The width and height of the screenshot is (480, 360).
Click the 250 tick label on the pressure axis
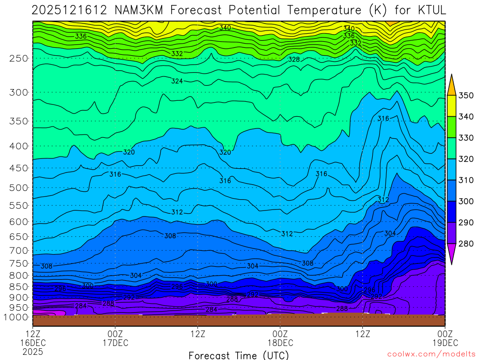(19, 59)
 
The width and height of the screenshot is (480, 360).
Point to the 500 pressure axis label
(19, 188)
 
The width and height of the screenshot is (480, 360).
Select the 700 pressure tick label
(19, 250)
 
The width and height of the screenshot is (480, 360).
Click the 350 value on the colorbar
(466, 96)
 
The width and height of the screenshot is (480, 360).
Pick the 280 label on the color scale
(466, 243)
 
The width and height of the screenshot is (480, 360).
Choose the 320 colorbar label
(466, 159)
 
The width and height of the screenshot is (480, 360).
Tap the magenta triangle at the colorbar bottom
(451, 254)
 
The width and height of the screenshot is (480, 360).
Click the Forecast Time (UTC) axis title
(239, 355)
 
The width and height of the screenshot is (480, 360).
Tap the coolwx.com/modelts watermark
(431, 353)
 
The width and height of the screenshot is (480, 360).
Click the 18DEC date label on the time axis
(280, 343)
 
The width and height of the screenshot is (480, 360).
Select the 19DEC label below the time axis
(444, 343)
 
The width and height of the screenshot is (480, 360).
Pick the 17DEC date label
(115, 343)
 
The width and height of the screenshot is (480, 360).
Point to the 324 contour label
(177, 81)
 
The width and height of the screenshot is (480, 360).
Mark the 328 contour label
(294, 60)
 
